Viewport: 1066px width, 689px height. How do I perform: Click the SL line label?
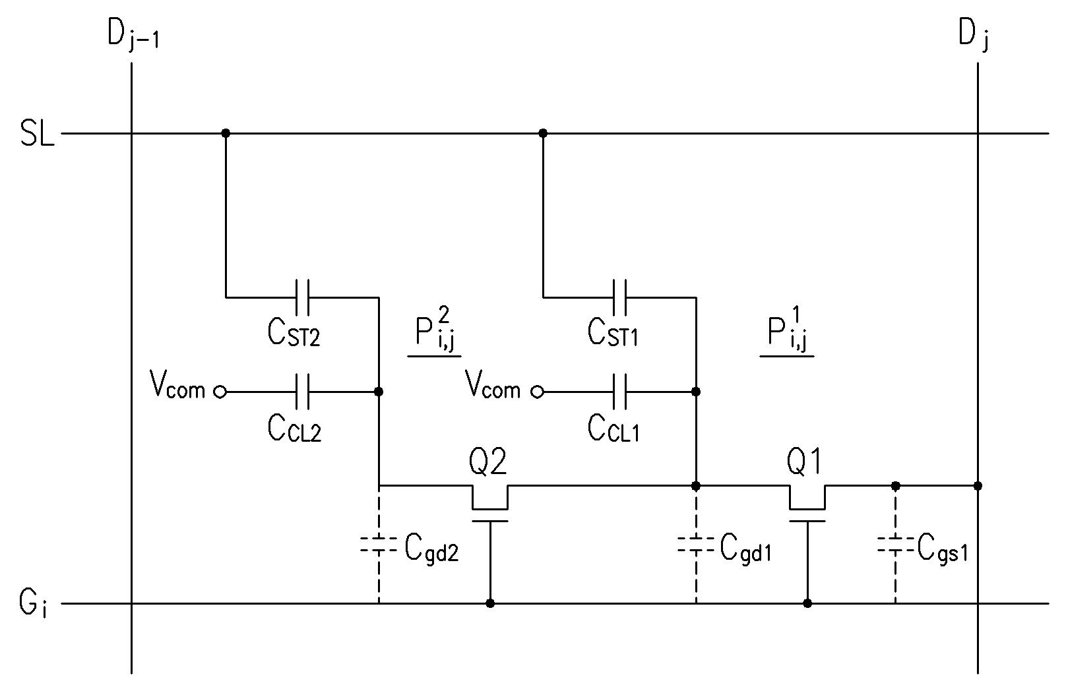point(37,134)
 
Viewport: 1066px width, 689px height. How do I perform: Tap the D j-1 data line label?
point(133,35)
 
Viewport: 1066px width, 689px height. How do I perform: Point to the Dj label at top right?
point(974,36)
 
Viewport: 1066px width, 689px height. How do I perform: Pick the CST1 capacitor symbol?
point(619,297)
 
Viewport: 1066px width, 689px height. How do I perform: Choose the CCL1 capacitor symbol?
point(619,392)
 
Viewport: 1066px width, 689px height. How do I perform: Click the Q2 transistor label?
point(487,462)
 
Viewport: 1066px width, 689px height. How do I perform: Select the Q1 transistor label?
point(804,462)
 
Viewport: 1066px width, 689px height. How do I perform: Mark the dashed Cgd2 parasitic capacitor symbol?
point(379,545)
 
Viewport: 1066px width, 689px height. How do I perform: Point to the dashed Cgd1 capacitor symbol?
point(696,545)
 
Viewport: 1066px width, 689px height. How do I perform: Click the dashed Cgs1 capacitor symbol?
point(896,545)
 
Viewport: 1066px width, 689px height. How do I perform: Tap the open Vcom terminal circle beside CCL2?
point(220,392)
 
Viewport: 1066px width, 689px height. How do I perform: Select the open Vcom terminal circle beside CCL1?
point(538,392)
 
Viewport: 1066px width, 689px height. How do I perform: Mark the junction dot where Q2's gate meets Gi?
point(490,603)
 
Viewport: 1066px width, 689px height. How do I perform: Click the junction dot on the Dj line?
point(978,486)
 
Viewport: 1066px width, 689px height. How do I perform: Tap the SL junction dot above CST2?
point(226,134)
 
